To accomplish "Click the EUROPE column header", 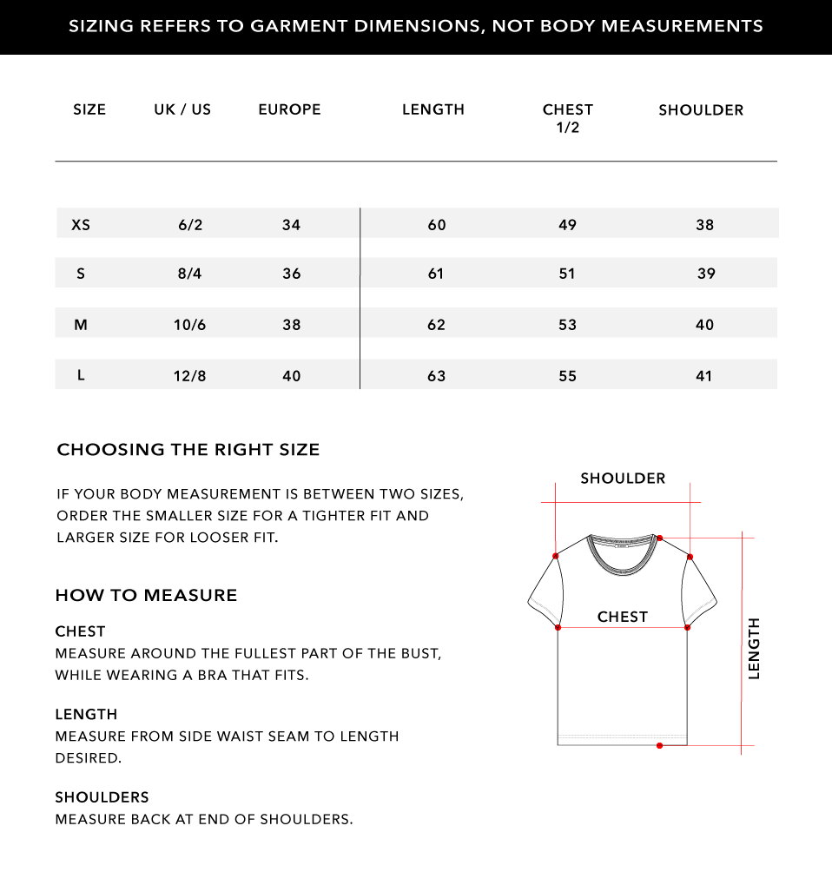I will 289,109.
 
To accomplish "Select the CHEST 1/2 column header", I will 567,118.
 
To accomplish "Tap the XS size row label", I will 81,225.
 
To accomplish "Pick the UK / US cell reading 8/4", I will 189,274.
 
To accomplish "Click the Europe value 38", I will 291,325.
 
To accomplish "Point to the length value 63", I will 436,376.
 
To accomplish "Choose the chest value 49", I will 567,225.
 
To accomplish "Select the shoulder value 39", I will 705,274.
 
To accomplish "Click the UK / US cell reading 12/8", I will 189,376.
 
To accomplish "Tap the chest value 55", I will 567,376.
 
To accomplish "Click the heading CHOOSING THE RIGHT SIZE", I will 188,450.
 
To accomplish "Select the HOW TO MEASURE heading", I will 146,596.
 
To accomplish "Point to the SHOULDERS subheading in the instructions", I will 102,797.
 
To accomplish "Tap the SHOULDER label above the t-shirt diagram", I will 623,479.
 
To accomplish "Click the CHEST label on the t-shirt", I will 623,617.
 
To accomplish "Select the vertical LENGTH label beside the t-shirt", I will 754,648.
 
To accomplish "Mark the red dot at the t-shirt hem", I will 660,745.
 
